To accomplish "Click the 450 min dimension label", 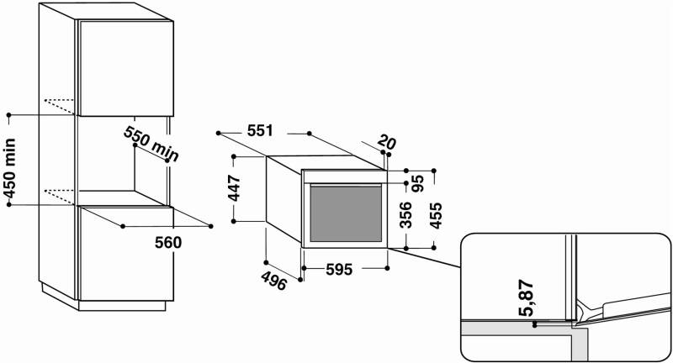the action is tap(10, 169).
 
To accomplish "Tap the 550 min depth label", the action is tap(151, 144).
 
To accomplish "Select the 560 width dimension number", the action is tap(168, 243).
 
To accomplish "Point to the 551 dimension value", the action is tap(260, 131).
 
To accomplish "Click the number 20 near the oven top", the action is tap(387, 142).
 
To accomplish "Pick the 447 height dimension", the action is tap(235, 187).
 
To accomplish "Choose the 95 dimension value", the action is tap(417, 183).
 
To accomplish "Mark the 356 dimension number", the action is tap(405, 215).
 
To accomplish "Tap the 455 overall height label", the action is tap(435, 216).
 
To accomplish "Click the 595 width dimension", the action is tap(339, 270).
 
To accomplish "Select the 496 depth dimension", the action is tap(274, 281).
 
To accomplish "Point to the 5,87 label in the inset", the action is tap(527, 297).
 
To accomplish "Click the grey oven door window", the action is tap(346, 214).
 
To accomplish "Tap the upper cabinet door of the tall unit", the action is tap(126, 69).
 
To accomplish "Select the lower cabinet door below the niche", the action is tap(126, 253).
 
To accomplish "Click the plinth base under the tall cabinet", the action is tap(122, 306).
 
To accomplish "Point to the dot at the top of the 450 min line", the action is tap(9, 115).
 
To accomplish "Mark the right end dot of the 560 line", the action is tap(211, 226).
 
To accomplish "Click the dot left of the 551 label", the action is tap(219, 134).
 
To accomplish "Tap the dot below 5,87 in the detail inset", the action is tap(534, 325).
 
